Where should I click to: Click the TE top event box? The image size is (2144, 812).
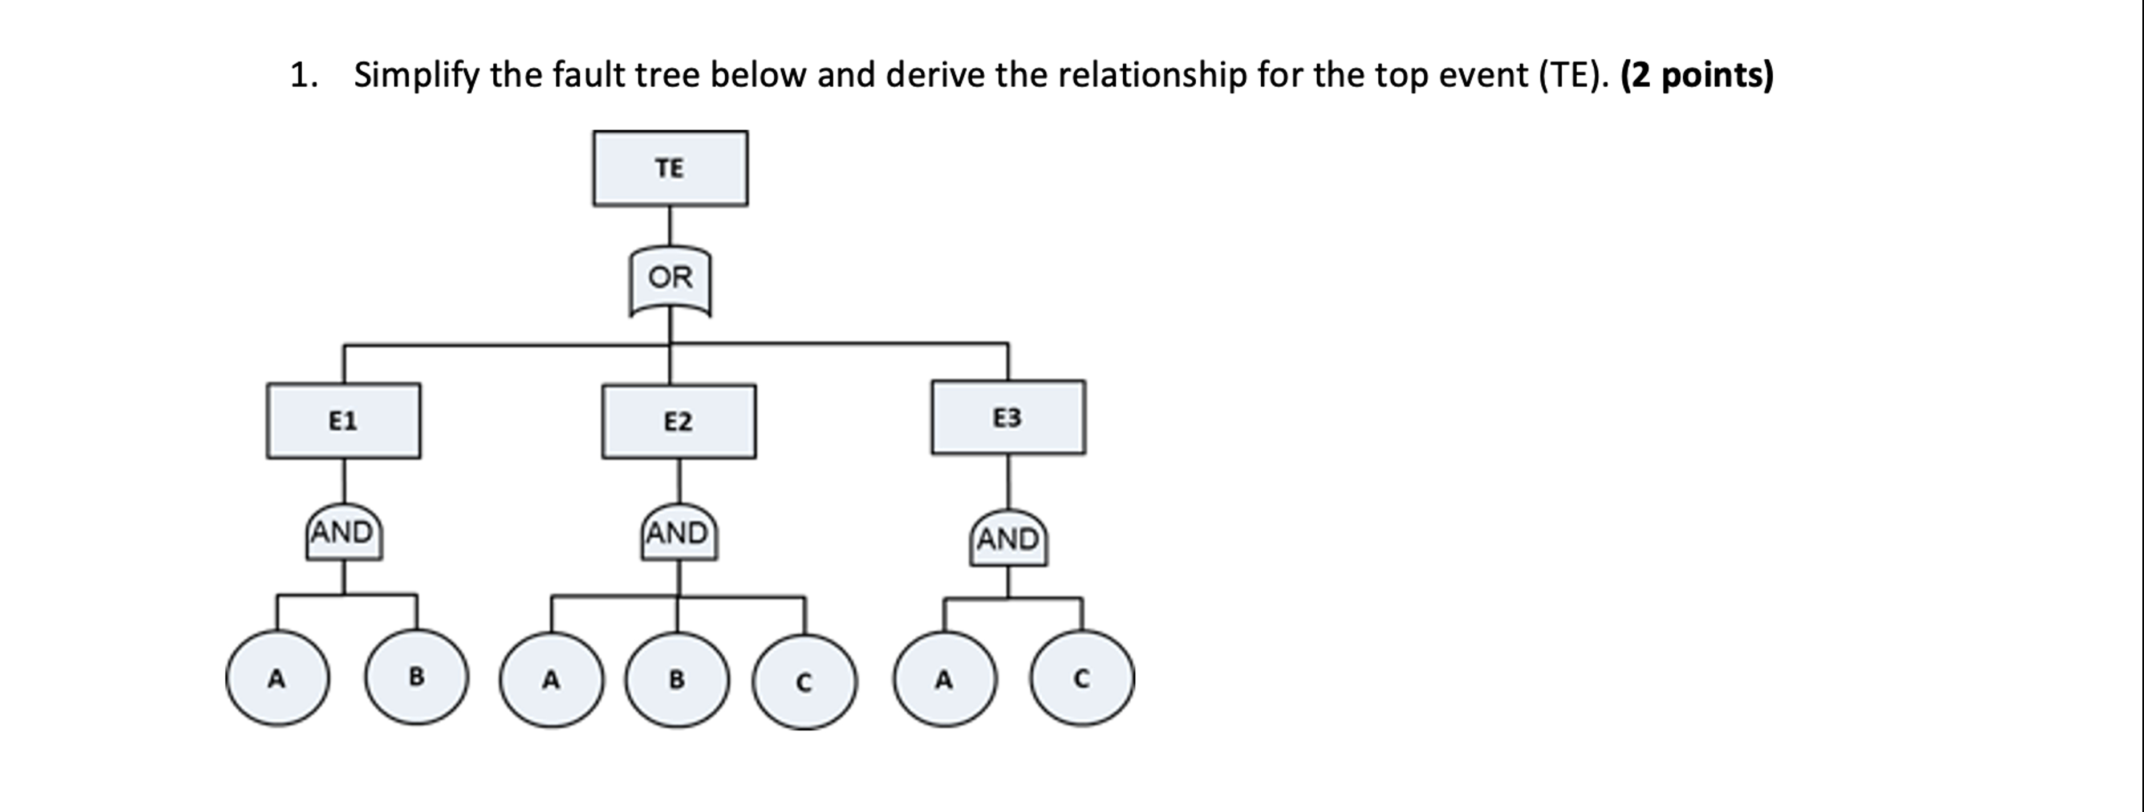coord(670,168)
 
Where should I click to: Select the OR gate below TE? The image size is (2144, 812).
coord(670,279)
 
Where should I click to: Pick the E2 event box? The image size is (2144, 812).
coord(679,422)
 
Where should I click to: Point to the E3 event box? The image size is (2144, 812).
coord(1008,418)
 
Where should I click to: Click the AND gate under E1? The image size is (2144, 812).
coord(343,532)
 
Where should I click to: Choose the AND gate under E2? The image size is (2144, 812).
coord(679,533)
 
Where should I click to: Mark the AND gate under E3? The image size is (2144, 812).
coord(1008,539)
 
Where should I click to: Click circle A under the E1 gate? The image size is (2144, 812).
coord(277,679)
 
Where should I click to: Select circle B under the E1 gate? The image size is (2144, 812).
coord(416,677)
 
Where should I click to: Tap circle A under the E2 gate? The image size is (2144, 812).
coord(551,680)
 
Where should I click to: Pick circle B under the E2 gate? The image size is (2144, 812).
coord(677,680)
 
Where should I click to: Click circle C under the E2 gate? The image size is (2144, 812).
coord(804,682)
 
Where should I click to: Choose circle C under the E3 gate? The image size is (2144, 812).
coord(1081,679)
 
